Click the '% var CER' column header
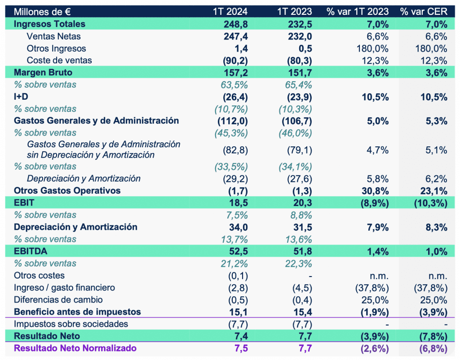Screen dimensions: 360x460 [424, 12]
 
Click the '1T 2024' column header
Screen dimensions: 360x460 [230, 12]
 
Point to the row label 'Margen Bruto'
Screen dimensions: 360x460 [43, 72]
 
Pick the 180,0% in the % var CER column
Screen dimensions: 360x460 [429, 48]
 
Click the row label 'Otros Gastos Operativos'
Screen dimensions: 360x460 [67, 190]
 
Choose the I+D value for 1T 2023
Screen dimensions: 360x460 [296, 97]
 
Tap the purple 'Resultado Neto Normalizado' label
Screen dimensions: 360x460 [75, 348]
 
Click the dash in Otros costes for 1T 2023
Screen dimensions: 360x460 [310, 276]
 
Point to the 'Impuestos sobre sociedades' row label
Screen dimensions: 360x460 [71, 324]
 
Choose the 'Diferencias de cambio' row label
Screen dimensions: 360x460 [58, 299]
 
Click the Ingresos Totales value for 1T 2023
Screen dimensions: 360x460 [299, 24]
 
